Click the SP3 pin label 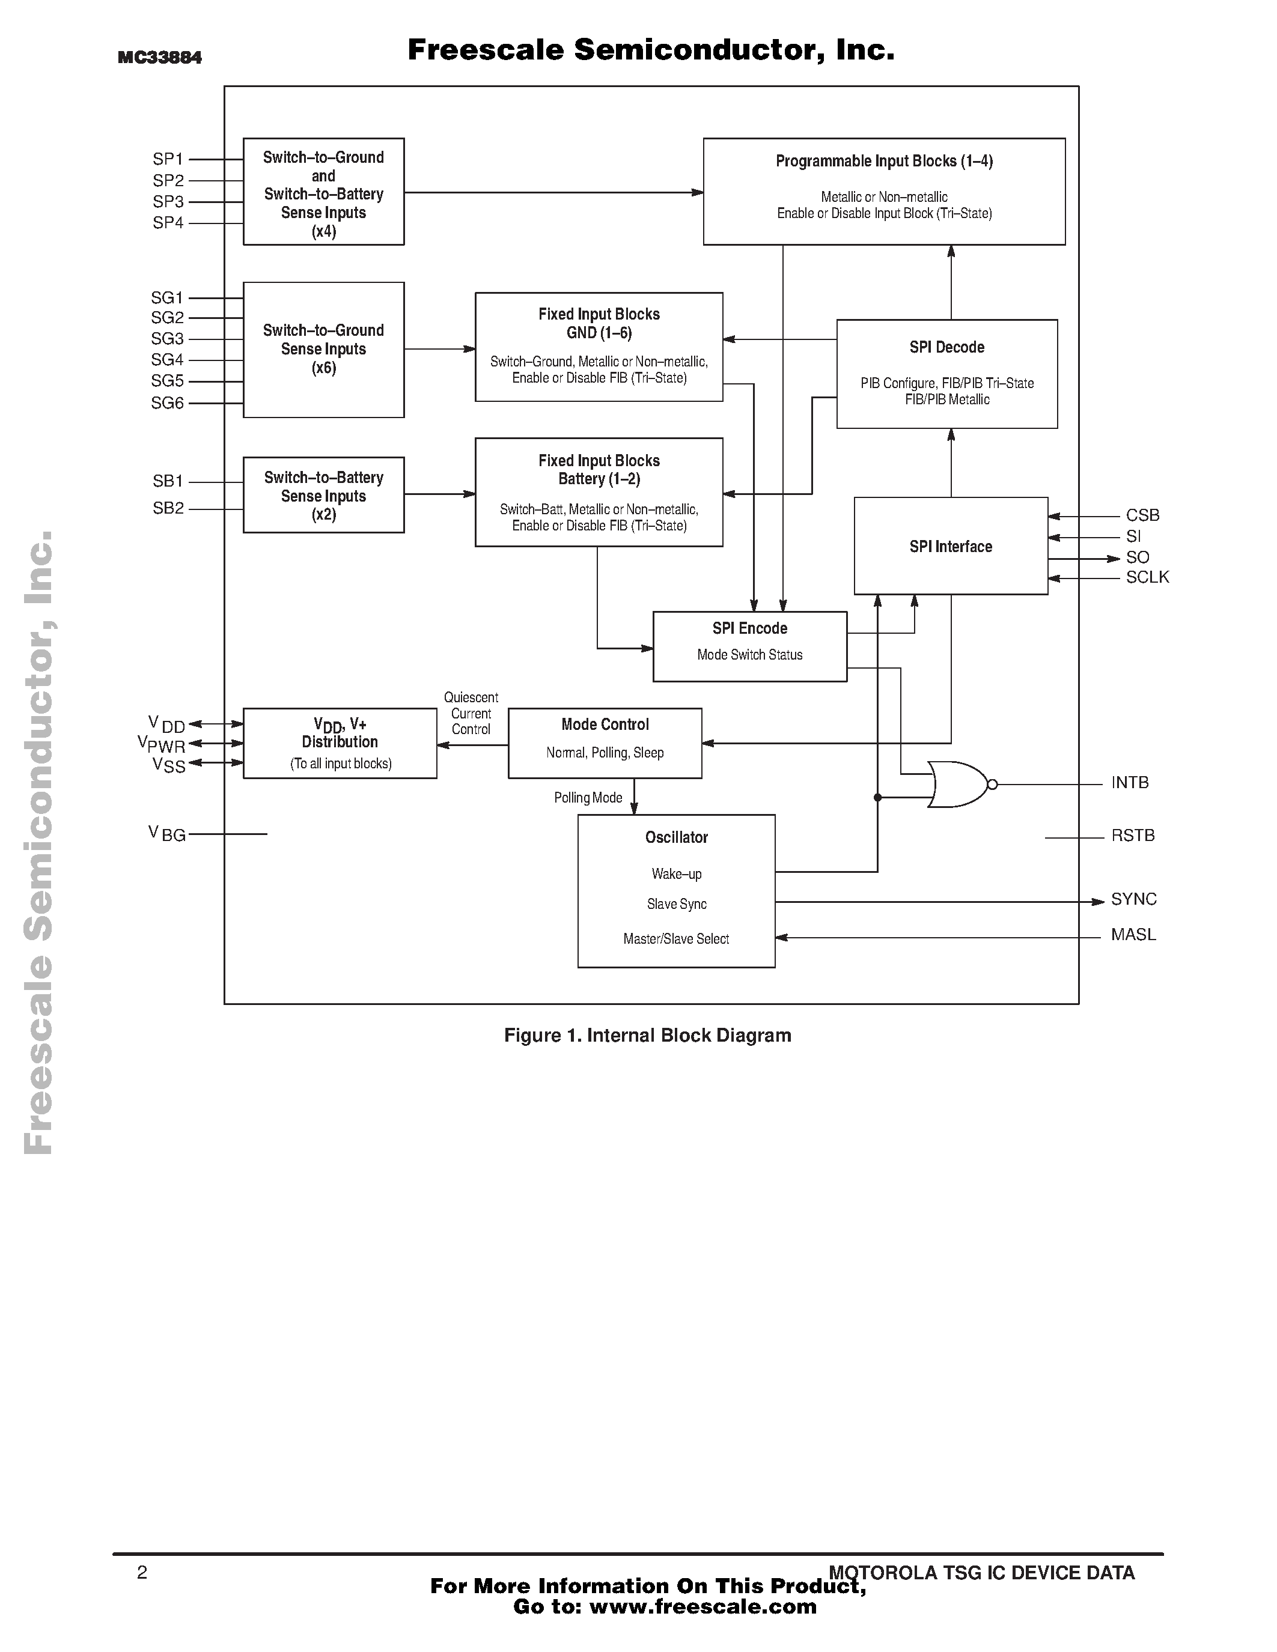tap(168, 202)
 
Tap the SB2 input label tap(168, 508)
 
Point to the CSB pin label tap(1142, 515)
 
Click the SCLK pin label tap(1147, 577)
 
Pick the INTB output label tap(1130, 783)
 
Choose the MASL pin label tap(1133, 935)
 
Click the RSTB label tap(1133, 836)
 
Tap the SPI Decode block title tap(946, 347)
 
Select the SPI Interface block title tap(950, 547)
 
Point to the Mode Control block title tap(605, 724)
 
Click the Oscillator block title tap(676, 837)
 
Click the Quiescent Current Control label tap(471, 713)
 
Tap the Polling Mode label tap(588, 798)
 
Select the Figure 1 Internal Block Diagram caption tap(648, 1036)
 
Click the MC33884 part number tap(160, 58)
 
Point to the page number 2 tap(142, 1573)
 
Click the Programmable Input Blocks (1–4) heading tap(883, 161)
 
